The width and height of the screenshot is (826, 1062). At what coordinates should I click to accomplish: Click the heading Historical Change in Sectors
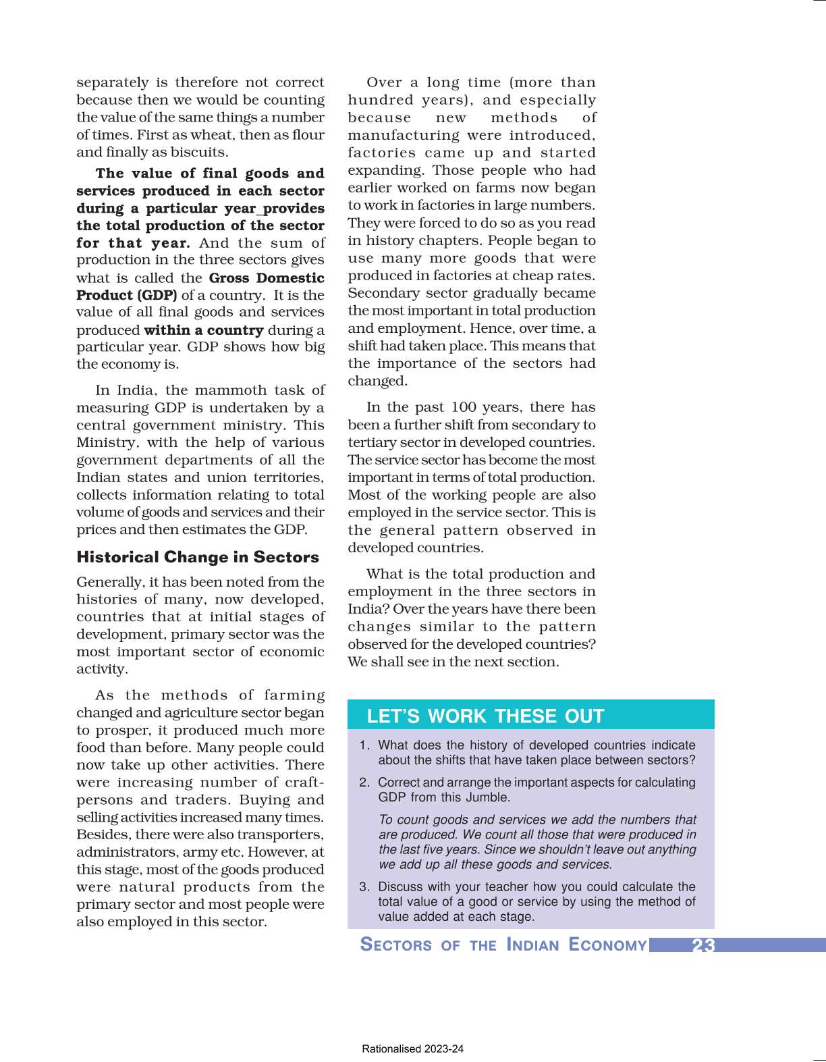pos(197,557)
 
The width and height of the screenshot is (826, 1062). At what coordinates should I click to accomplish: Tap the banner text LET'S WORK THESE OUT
pos(485,716)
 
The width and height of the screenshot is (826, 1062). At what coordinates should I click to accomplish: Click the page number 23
pos(703,945)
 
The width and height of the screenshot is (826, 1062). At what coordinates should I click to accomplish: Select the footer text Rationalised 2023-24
pos(412,1049)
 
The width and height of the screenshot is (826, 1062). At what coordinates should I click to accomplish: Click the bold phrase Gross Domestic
pos(267,277)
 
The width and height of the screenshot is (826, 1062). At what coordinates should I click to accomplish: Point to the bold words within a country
pos(203,330)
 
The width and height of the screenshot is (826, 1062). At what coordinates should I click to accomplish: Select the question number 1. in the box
pos(364,745)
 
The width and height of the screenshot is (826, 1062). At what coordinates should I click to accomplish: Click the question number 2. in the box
pos(364,782)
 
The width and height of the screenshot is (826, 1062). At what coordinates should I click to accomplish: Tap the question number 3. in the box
pos(364,887)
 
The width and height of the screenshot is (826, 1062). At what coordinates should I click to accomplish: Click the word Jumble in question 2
pos(489,797)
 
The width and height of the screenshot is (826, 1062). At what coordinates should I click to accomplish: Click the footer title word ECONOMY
pos(607,945)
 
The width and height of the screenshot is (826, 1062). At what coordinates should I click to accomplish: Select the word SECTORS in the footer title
pos(396,945)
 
